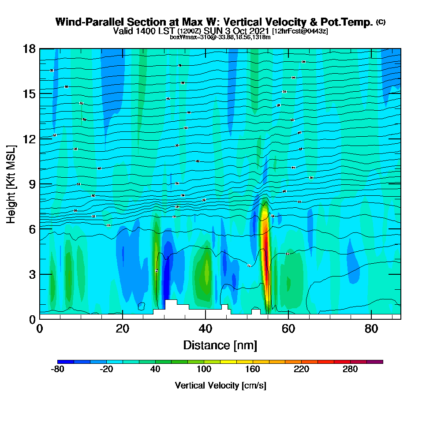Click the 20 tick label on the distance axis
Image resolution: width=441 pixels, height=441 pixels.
[x=123, y=329]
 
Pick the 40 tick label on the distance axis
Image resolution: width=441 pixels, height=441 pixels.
[x=206, y=329]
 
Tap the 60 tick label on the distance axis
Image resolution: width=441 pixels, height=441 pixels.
[x=288, y=329]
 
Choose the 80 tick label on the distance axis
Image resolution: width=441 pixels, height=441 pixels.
[x=371, y=329]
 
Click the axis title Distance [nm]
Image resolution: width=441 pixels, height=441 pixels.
[x=220, y=345]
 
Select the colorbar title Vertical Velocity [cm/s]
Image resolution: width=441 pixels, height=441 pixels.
[x=220, y=385]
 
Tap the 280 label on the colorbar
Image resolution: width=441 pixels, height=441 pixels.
[x=350, y=370]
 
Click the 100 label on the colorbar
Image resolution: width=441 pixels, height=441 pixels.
[x=204, y=370]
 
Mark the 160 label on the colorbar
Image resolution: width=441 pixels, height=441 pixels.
[x=253, y=370]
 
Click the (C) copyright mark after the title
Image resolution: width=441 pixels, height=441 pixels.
[x=381, y=22]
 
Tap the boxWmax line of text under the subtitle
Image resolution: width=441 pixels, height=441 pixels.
[x=220, y=37]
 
